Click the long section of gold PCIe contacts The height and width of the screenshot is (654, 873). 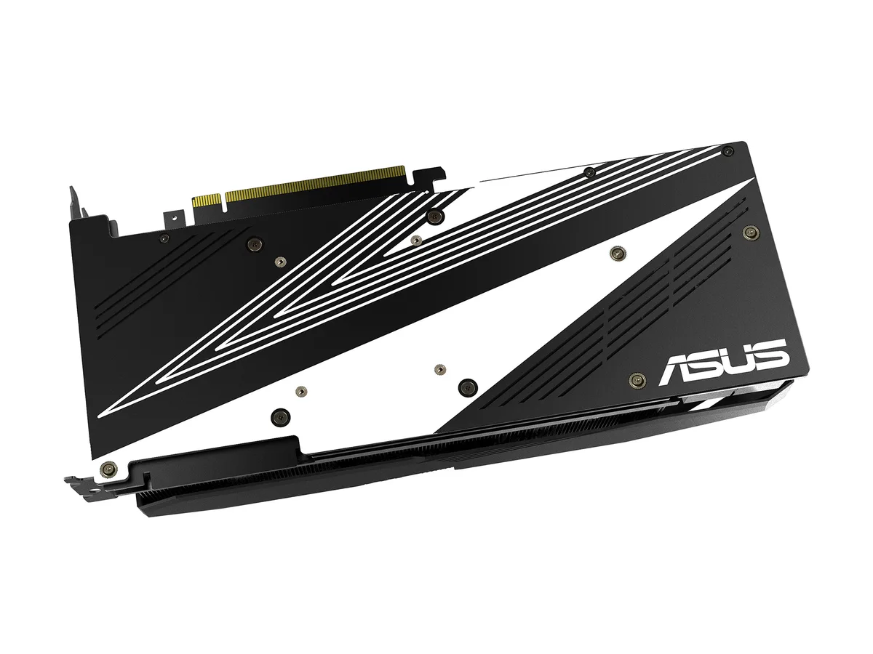[x=315, y=185]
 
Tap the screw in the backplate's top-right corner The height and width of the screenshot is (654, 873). [x=727, y=150]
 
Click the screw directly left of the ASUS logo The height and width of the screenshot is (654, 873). [x=637, y=380]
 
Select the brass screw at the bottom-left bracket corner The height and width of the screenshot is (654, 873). [x=109, y=469]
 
